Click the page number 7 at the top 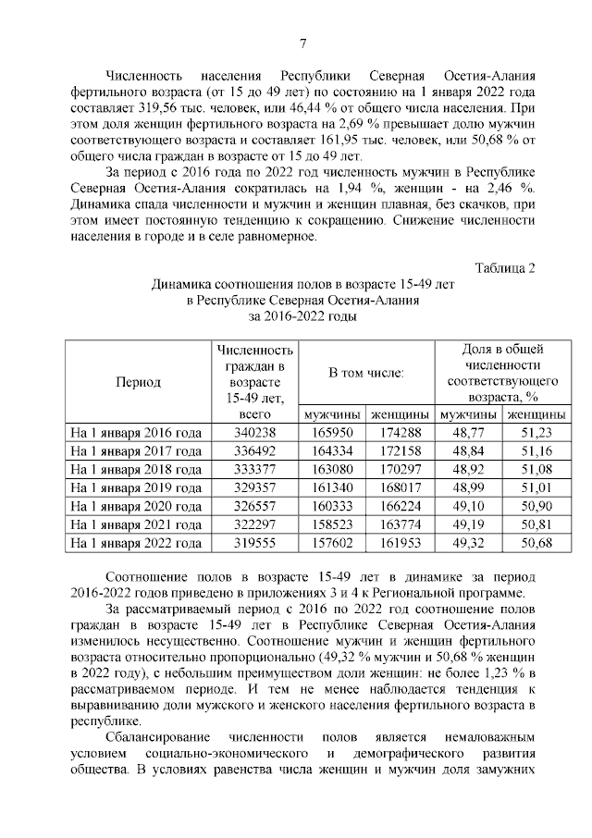pyautogui.click(x=302, y=44)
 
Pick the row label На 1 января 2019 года pyautogui.click(x=136, y=487)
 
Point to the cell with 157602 pyautogui.click(x=334, y=544)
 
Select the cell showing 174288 pyautogui.click(x=400, y=432)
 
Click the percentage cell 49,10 pyautogui.click(x=468, y=507)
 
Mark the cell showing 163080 pyautogui.click(x=334, y=469)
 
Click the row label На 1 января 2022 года pyautogui.click(x=136, y=544)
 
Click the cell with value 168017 pyautogui.click(x=400, y=487)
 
